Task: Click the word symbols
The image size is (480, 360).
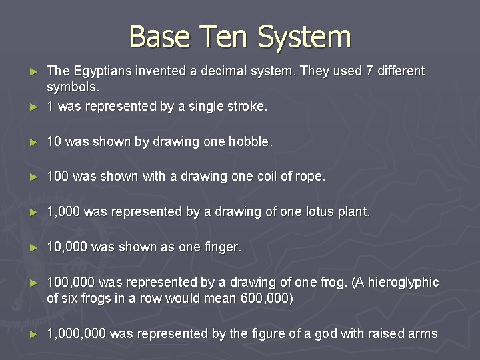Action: [x=73, y=87]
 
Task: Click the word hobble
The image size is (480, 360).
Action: [x=249, y=141]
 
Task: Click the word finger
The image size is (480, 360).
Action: [x=221, y=247]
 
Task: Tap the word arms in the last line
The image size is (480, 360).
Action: [x=423, y=334]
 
